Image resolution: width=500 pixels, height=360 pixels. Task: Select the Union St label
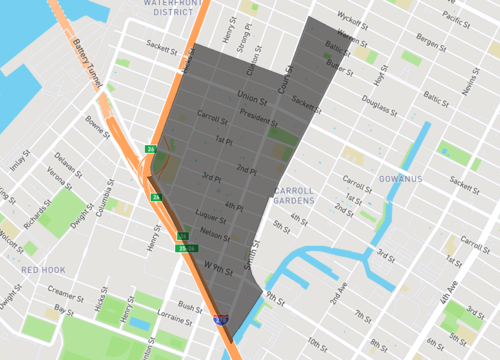(x=251, y=100)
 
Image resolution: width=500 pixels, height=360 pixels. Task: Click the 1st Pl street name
(x=225, y=141)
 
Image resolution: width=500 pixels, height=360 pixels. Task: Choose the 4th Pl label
(x=234, y=207)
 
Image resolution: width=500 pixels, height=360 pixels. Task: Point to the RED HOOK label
(x=43, y=270)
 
